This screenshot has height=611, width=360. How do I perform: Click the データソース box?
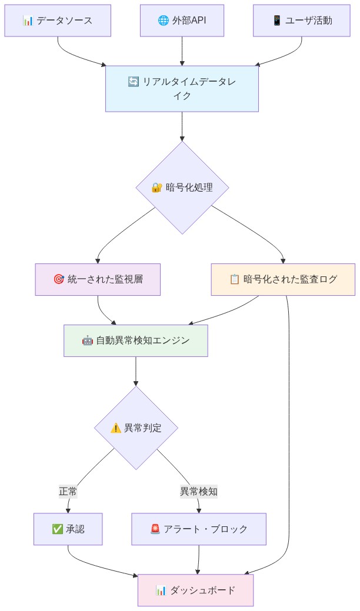(x=58, y=21)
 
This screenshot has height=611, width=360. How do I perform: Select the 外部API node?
(x=182, y=21)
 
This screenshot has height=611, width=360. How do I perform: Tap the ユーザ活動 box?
(x=302, y=21)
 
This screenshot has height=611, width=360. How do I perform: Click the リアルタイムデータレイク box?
(x=182, y=89)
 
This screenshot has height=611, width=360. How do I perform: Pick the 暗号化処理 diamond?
(x=182, y=188)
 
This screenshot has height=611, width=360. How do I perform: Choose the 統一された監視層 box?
(x=98, y=279)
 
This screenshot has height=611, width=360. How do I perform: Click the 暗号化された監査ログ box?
(x=283, y=279)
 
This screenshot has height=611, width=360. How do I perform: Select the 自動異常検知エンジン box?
(x=136, y=340)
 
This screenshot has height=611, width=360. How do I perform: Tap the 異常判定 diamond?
(x=136, y=428)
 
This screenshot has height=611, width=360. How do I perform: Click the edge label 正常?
(x=68, y=491)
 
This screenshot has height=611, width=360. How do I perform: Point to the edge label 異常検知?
(x=198, y=491)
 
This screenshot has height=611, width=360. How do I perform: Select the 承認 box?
(x=68, y=529)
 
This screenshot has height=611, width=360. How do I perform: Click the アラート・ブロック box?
(x=199, y=529)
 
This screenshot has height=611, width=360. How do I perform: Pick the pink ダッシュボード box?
(x=195, y=590)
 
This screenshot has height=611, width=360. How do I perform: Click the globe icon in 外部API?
(x=163, y=21)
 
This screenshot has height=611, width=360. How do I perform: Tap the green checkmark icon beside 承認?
(x=58, y=529)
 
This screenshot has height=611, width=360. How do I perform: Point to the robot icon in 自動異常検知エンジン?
(x=87, y=340)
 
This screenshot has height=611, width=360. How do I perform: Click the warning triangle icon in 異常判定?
(x=116, y=428)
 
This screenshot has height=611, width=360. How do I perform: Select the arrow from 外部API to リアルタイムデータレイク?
(x=182, y=51)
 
